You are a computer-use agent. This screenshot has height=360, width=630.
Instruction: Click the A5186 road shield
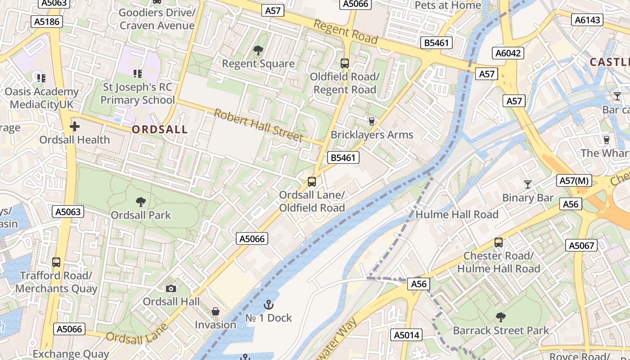click(47, 22)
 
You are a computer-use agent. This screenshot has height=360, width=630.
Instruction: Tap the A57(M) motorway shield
click(574, 180)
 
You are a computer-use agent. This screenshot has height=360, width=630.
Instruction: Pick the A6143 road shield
click(587, 19)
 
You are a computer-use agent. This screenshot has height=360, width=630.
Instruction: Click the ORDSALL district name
click(160, 130)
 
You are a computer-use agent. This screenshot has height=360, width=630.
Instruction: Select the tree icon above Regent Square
click(258, 50)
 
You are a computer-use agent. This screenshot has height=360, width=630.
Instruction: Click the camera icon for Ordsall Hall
click(171, 288)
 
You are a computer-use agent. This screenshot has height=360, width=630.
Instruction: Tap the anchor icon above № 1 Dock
click(268, 305)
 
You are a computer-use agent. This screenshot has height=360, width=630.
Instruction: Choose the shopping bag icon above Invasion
click(216, 311)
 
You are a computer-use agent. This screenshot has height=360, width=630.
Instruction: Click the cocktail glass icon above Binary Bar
click(528, 184)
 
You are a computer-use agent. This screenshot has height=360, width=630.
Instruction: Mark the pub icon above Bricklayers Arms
click(371, 121)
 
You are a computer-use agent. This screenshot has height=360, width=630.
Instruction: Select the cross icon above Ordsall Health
click(75, 126)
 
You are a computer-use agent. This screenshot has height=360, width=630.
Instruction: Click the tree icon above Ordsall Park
click(141, 202)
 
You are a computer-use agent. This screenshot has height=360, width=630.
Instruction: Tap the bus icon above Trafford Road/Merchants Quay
click(56, 262)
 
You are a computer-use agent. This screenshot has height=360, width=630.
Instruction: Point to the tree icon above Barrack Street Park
click(500, 317)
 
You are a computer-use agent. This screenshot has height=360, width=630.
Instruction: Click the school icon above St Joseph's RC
click(138, 73)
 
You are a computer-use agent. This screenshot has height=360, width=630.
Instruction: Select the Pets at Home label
click(447, 5)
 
